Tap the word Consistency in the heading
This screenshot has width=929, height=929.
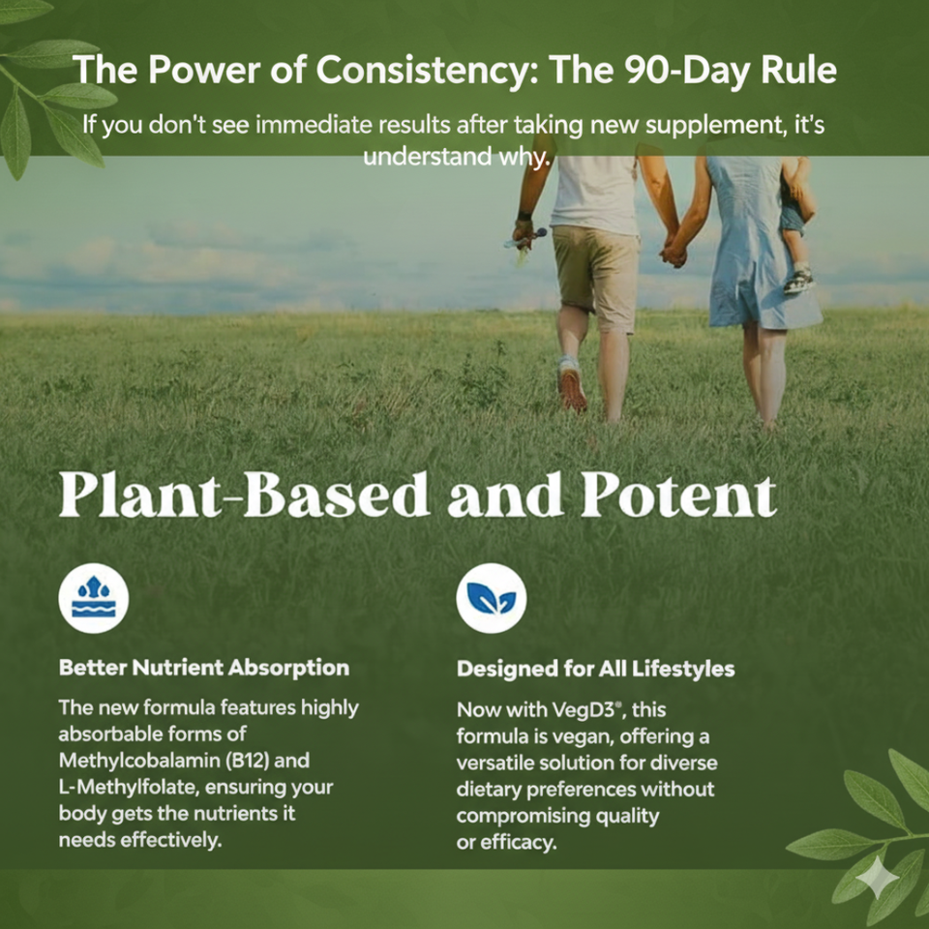426,71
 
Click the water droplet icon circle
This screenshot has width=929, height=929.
94,598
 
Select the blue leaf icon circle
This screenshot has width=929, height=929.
492,598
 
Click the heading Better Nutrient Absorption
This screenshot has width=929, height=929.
204,668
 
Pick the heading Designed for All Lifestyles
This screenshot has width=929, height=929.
595,669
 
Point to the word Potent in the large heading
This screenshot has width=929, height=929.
677,495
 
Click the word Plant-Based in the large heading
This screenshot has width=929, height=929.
244,495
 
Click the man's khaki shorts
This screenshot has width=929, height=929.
595,276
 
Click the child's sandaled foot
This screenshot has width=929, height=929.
798,282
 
